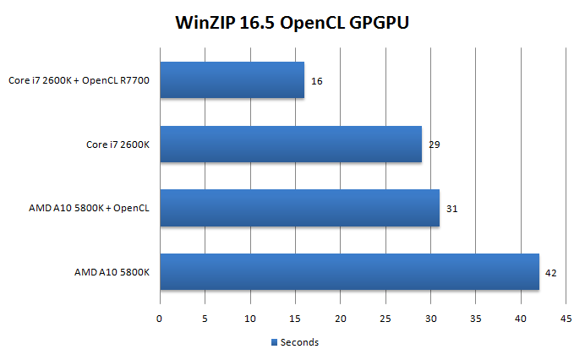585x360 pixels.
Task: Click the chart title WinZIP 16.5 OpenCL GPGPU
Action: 292,22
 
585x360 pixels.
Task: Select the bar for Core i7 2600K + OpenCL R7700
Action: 232,80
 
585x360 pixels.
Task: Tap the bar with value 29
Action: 290,144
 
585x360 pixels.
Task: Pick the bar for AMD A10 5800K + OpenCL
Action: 299,208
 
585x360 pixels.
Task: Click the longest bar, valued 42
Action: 349,271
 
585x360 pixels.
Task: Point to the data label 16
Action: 317,81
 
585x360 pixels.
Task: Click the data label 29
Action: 435,145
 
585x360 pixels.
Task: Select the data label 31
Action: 452,208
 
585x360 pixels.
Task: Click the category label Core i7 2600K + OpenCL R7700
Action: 85,81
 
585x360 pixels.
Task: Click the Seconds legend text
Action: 299,342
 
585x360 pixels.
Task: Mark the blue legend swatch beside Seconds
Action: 273,342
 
